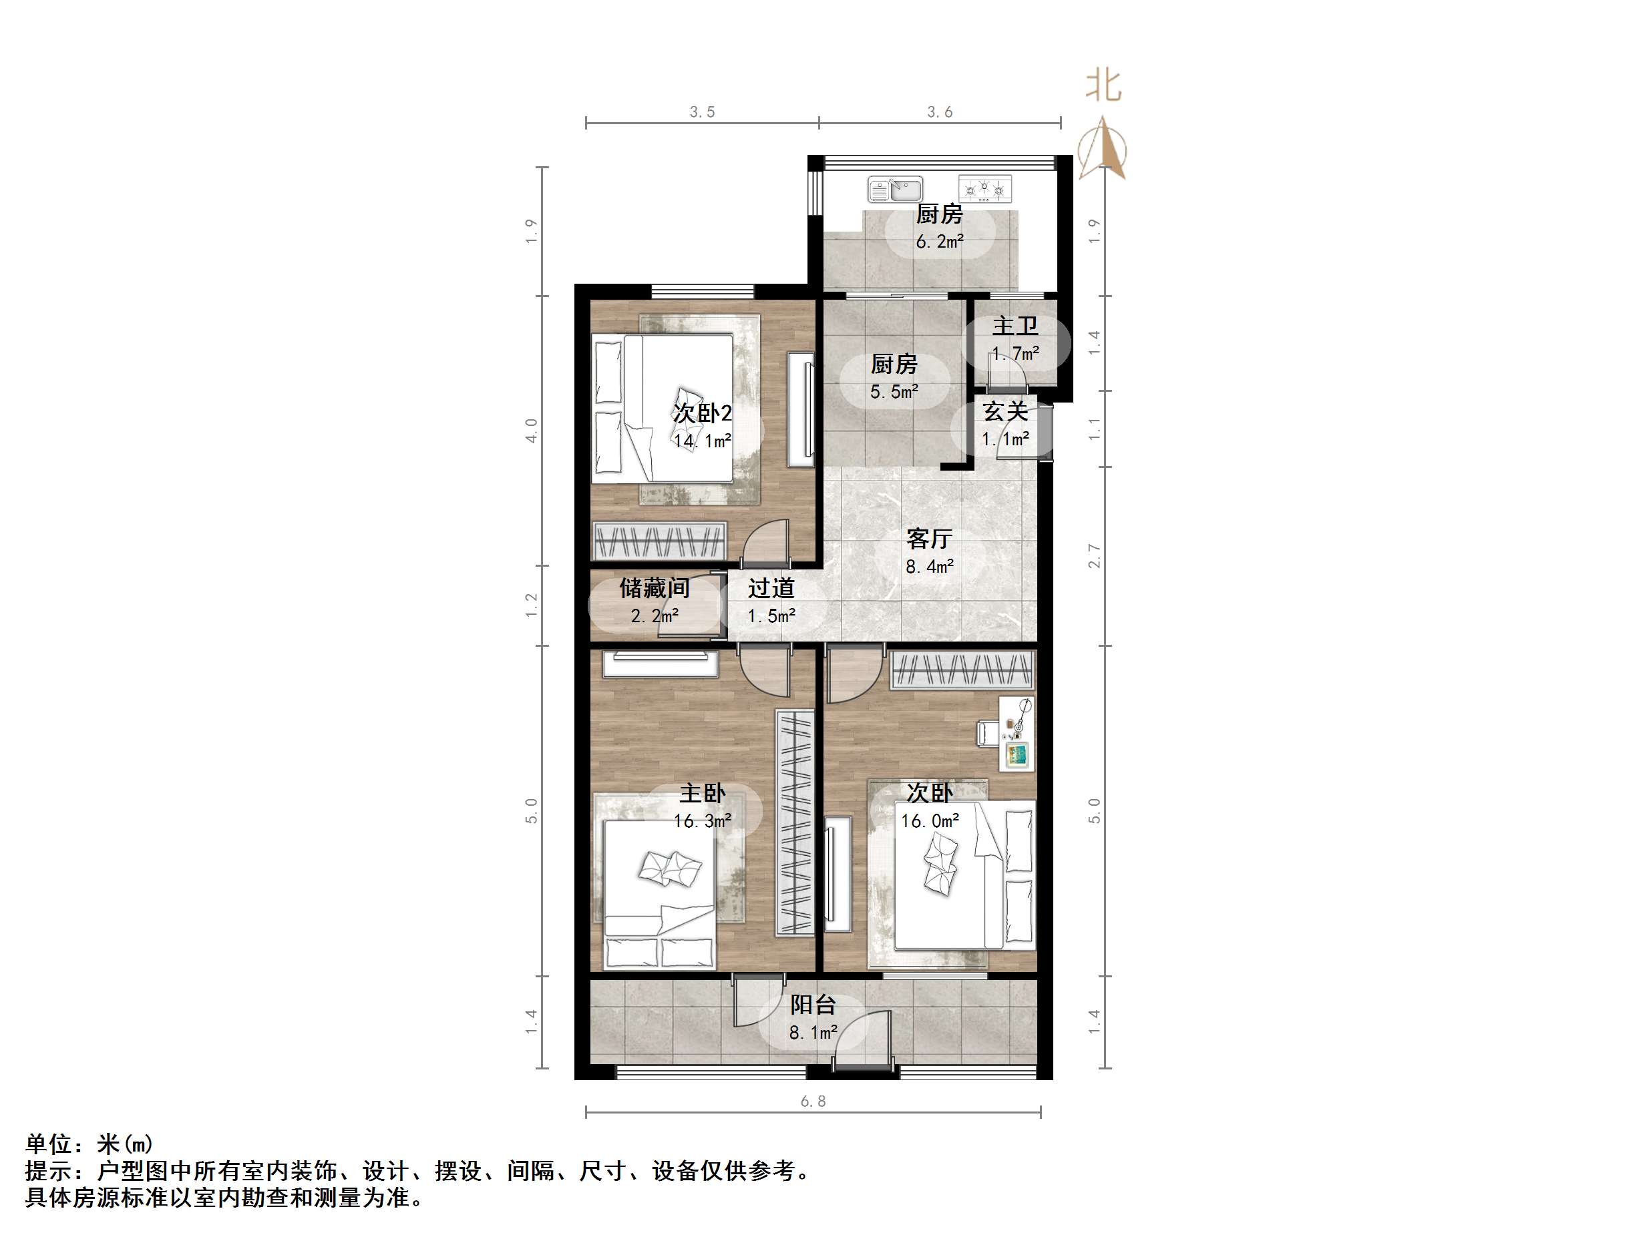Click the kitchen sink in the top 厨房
895,189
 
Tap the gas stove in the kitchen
984,189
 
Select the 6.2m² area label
939,241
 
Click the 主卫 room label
1015,326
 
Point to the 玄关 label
1005,411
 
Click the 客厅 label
929,538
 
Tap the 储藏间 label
655,588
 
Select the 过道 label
771,588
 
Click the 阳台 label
812,1005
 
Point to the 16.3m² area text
702,821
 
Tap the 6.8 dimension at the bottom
812,1101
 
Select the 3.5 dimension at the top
701,111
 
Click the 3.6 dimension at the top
939,111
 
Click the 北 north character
1103,85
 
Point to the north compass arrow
1104,149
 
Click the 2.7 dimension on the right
1094,555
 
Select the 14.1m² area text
702,441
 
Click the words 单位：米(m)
89,1144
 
